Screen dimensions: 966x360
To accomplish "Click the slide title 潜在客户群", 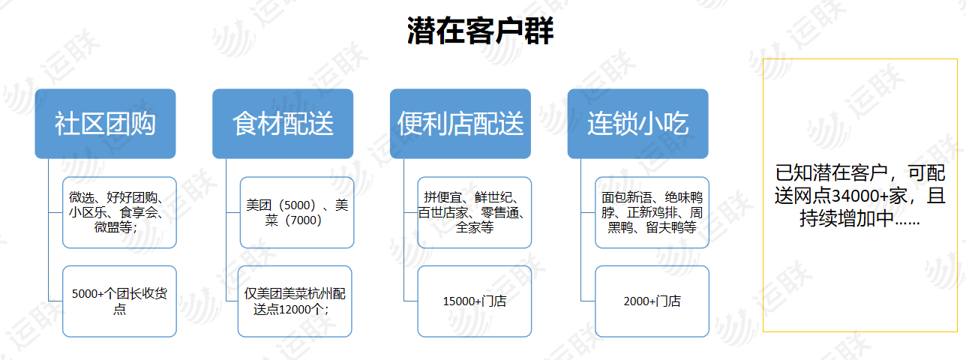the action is [480, 31].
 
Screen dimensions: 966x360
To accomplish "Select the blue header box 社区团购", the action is [105, 124].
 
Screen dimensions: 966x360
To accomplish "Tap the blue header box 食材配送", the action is [283, 124].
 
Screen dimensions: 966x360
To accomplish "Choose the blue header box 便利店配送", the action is [460, 124].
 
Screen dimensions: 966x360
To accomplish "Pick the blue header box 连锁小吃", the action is [637, 124].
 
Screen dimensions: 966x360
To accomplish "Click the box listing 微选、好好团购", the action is [119, 212].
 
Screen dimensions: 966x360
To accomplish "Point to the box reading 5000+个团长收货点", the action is [119, 301].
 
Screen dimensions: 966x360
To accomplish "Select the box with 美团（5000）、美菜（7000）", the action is [297, 212].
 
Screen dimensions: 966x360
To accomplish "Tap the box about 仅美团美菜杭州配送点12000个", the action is [295, 301].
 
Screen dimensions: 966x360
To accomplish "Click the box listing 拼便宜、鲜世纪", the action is [474, 212].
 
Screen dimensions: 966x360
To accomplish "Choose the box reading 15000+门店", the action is [474, 301].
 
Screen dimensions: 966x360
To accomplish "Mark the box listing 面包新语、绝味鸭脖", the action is [652, 212].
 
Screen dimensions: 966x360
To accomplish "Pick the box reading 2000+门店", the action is [652, 301].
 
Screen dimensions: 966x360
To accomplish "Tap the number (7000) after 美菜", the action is [304, 220].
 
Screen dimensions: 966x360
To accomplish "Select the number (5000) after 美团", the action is [297, 205].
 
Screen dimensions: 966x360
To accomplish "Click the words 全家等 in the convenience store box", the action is [474, 227].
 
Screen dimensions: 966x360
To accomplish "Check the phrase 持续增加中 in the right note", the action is [847, 218].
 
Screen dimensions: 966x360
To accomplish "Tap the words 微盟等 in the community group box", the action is [113, 226].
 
